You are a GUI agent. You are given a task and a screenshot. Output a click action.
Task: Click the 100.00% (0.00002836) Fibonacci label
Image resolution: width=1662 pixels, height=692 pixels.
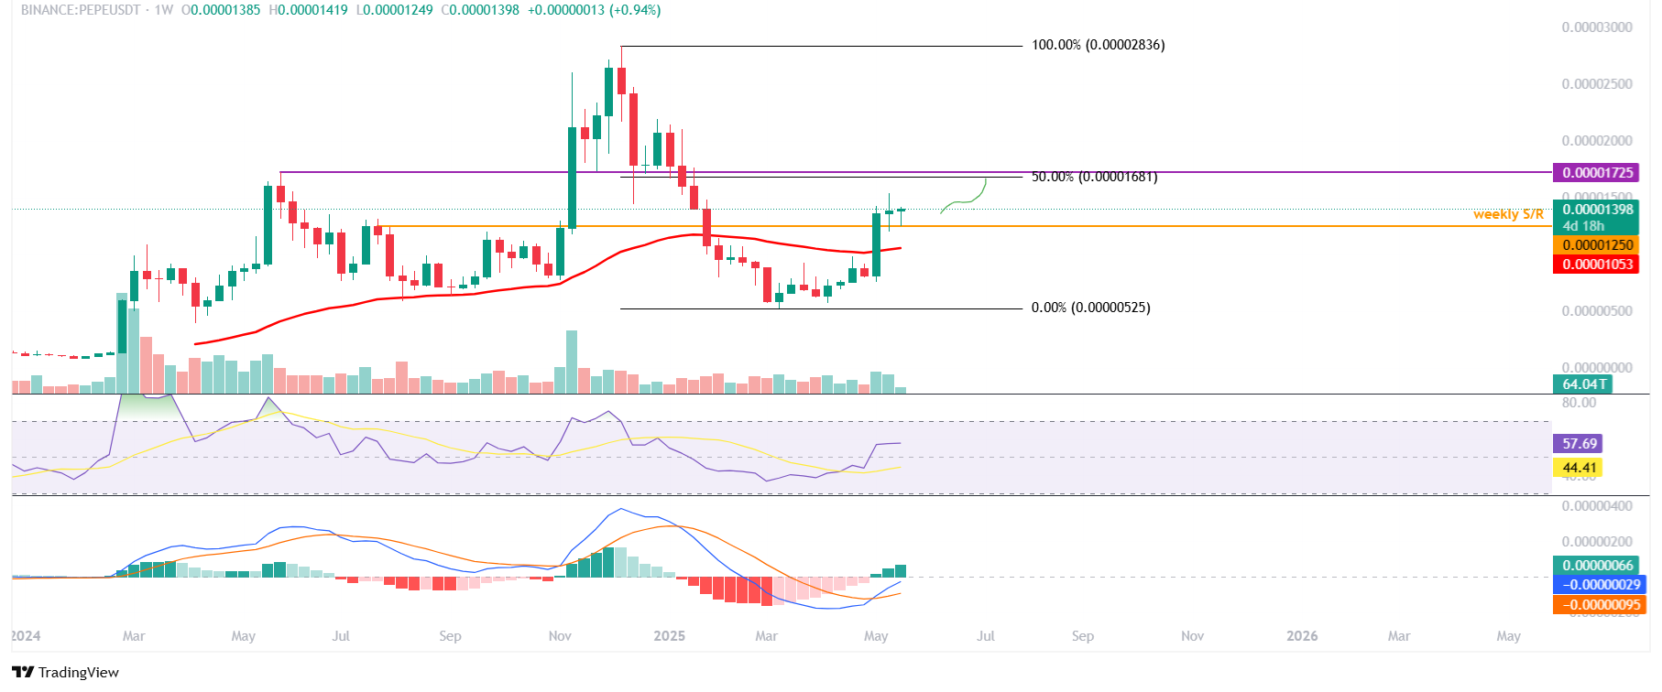1098,45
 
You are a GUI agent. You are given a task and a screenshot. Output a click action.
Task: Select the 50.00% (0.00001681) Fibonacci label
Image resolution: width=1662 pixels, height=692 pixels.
1094,177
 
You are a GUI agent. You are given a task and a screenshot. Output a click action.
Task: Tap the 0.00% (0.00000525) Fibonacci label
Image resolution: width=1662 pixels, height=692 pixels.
1090,308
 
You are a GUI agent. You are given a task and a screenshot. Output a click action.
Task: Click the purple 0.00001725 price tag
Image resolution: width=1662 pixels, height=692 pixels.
1597,173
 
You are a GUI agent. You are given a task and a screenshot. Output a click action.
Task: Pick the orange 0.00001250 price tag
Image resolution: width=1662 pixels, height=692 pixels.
1597,245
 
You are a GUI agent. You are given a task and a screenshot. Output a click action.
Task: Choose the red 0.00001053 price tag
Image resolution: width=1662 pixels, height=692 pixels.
1597,265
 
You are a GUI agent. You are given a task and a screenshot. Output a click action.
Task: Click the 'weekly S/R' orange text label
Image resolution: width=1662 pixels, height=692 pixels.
1508,214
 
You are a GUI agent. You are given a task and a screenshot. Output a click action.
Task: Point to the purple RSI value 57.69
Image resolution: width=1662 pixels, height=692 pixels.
1579,444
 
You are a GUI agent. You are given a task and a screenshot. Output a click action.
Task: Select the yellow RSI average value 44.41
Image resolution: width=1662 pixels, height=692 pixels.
1579,468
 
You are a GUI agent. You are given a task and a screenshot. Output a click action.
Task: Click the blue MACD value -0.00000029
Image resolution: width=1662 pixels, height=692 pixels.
1601,585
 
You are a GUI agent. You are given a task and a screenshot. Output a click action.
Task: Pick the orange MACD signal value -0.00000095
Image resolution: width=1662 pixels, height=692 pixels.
1601,604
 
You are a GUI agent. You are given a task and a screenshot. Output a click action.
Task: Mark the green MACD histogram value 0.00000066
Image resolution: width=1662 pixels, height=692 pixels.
1597,566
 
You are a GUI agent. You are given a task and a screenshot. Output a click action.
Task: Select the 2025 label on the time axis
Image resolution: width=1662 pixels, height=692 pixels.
669,636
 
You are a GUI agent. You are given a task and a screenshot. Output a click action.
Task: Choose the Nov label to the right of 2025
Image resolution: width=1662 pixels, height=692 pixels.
1192,636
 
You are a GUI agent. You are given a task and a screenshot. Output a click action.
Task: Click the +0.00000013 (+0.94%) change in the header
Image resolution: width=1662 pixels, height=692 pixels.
594,10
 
